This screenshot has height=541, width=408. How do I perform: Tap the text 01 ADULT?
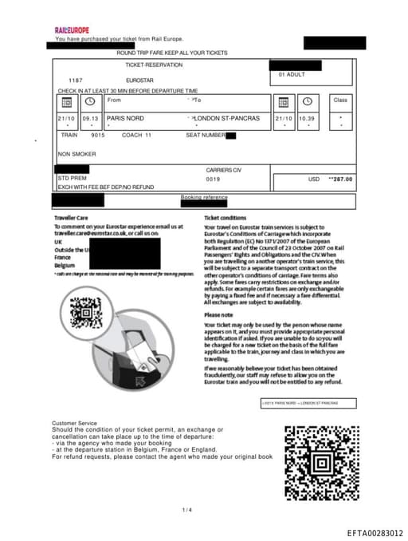(x=292, y=74)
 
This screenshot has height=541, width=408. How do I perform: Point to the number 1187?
(x=76, y=81)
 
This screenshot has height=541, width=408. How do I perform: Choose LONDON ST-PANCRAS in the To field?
(x=226, y=118)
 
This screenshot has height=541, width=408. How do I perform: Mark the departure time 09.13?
(x=90, y=118)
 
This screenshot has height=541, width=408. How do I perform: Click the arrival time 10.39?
(x=306, y=118)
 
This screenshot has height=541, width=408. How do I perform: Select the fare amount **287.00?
(x=340, y=179)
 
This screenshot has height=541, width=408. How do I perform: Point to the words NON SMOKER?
(x=76, y=154)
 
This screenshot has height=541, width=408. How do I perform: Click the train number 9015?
(x=98, y=135)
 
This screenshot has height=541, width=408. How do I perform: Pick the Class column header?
(x=340, y=100)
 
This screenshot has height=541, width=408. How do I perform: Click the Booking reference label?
(x=204, y=197)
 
